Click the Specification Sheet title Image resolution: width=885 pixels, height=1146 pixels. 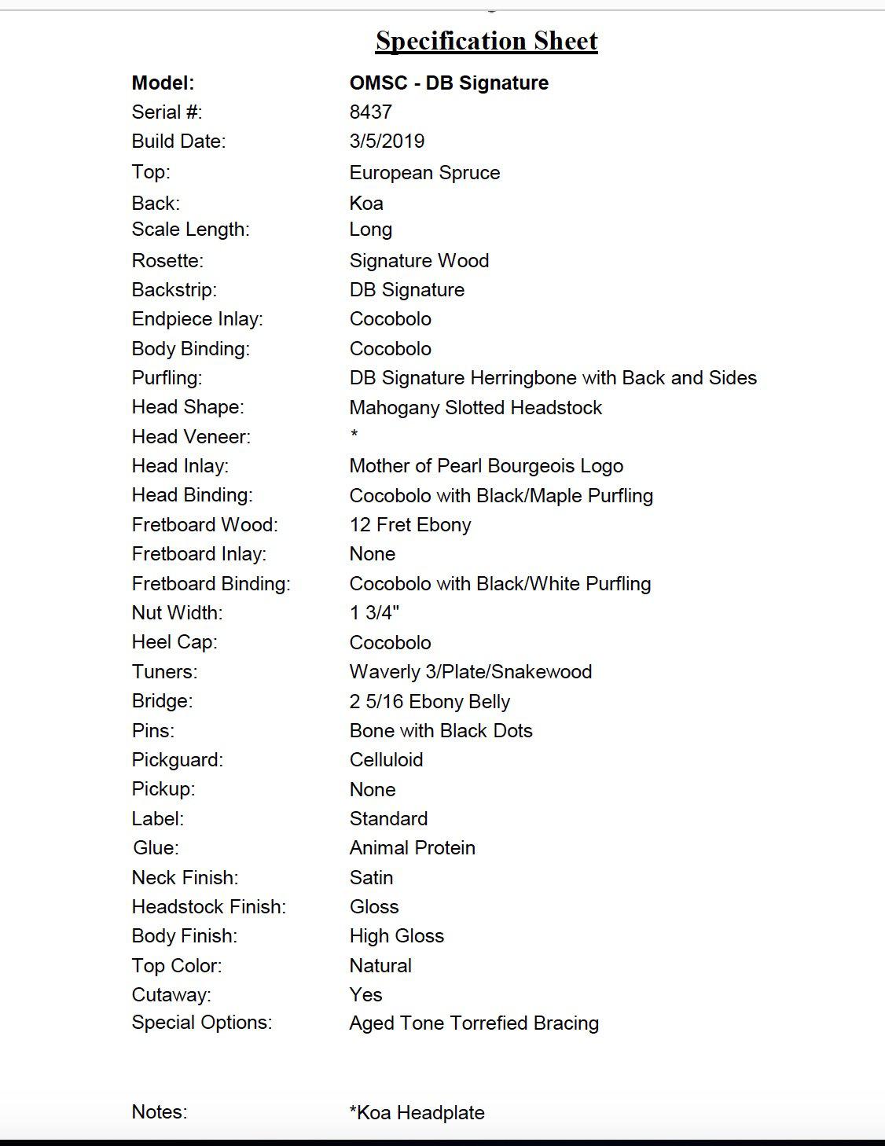[487, 41]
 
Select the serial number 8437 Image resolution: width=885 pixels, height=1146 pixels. [370, 112]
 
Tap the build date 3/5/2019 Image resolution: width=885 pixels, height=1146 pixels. [387, 141]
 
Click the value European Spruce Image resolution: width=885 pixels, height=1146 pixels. [424, 173]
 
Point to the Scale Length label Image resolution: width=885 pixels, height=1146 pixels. [190, 230]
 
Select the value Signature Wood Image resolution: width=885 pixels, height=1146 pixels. [419, 261]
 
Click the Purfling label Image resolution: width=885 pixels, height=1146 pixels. [167, 378]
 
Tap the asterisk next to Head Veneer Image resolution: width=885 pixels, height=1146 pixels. [354, 435]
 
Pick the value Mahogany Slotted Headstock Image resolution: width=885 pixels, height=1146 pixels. [476, 408]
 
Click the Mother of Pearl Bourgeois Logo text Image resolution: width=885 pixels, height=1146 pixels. [486, 466]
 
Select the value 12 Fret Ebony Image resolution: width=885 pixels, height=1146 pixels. [410, 525]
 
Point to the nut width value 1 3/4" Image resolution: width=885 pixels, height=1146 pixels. [374, 613]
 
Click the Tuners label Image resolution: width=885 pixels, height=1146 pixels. [164, 672]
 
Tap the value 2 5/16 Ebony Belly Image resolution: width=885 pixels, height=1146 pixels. [429, 702]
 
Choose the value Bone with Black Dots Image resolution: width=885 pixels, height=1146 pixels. [440, 731]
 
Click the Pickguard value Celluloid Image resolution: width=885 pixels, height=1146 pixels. [386, 760]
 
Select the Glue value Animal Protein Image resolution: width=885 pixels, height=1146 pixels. [412, 848]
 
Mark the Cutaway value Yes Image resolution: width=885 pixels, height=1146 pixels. [365, 995]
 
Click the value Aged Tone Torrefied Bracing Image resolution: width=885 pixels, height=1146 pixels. [474, 1023]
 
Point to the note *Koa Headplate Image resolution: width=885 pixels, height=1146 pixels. [417, 1113]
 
